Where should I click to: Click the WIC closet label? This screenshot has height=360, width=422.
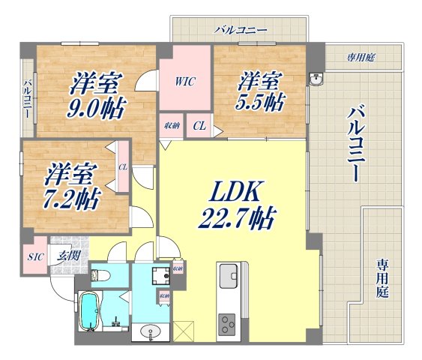(185, 81)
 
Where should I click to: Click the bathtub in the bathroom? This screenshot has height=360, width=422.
(88, 313)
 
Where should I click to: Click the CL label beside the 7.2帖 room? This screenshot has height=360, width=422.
(122, 174)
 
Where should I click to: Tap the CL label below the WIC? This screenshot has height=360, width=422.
(199, 126)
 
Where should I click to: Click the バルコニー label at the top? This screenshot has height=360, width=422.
(240, 31)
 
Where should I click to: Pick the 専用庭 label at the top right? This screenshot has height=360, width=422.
(360, 57)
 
